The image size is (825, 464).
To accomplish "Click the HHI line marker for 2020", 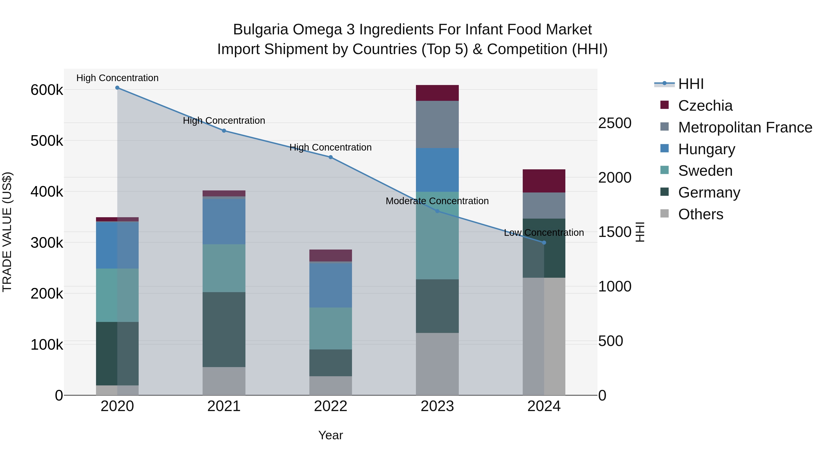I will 117,88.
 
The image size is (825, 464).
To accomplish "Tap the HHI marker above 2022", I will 330,157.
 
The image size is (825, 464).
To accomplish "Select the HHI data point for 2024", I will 544,243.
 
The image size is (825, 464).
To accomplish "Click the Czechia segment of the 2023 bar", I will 437,93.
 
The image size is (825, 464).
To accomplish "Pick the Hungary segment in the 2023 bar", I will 437,170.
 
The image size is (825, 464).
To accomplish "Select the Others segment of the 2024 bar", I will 544,336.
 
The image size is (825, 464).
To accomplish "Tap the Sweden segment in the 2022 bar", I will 330,328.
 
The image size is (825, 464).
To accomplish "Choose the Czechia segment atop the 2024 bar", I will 544,181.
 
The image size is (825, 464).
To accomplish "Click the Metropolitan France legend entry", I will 745,127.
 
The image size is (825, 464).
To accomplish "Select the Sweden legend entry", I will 705,171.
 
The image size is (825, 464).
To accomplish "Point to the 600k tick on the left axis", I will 47,90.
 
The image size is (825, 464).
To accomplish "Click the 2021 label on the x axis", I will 224,406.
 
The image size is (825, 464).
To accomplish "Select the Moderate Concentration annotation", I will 437,201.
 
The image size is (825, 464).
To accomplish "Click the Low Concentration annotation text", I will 544,233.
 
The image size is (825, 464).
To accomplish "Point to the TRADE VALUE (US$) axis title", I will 7,232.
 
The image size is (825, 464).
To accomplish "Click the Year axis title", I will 330,435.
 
